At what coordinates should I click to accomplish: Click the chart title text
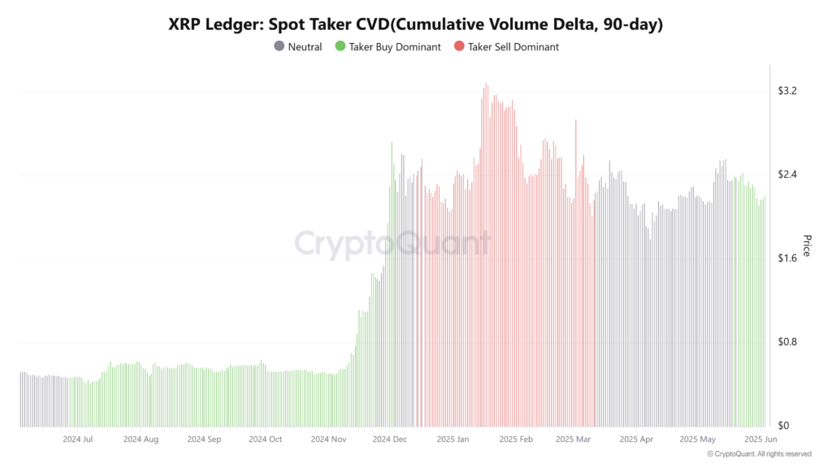pos(416,25)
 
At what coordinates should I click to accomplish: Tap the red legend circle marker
pos(459,47)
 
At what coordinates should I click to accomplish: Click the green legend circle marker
pos(340,47)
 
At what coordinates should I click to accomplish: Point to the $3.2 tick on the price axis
pos(787,91)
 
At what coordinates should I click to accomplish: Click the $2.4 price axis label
pos(787,175)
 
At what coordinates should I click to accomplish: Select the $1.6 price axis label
pos(787,258)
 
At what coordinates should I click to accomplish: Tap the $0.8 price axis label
pos(787,342)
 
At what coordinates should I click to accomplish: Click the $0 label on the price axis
pos(783,426)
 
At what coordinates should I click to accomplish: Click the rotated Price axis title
pos(807,245)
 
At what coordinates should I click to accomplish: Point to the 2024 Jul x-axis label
pos(77,440)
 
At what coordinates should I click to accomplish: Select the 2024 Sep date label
pos(204,440)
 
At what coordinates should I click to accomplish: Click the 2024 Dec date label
pos(390,440)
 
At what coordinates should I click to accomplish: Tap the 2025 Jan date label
pos(453,440)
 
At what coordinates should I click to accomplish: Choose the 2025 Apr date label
pos(636,440)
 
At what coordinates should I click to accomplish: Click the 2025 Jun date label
pos(760,440)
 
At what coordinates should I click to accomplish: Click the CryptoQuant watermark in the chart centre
pos(392,244)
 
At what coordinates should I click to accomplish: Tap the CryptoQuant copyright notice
pos(759,454)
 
